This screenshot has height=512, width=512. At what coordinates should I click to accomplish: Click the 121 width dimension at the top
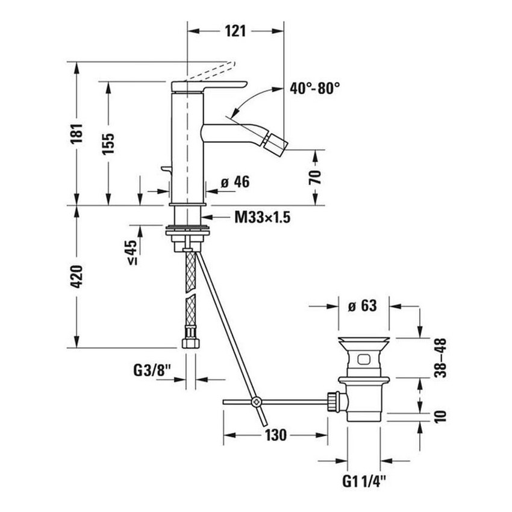pyautogui.click(x=236, y=31)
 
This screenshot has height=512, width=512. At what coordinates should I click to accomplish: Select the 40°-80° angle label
pyautogui.click(x=314, y=89)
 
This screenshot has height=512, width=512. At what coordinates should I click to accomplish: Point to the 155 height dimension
pyautogui.click(x=109, y=143)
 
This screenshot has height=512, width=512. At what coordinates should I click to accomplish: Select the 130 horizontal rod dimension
pyautogui.click(x=275, y=434)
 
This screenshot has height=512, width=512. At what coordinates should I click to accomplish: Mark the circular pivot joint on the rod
pyautogui.click(x=257, y=401)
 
